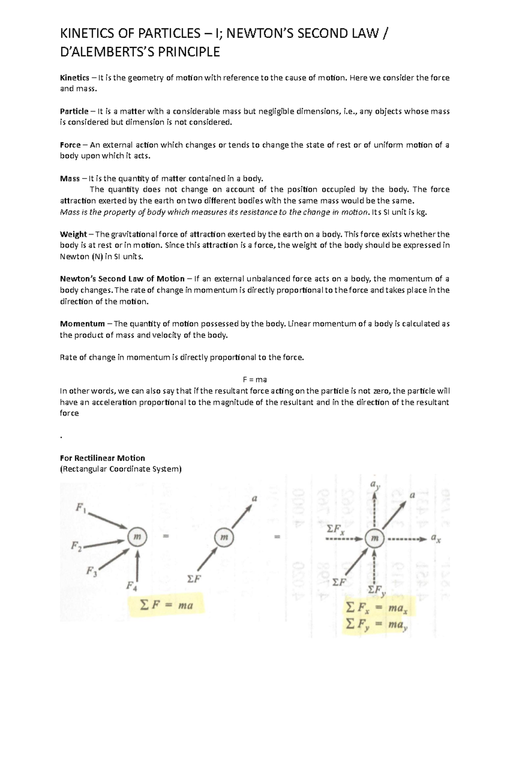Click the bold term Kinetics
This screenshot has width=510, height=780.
[x=74, y=78]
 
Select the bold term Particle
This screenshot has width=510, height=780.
[x=74, y=111]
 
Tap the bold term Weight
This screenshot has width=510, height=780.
[x=73, y=234]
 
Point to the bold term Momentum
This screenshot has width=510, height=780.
[x=82, y=324]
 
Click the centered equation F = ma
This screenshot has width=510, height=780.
[x=255, y=380]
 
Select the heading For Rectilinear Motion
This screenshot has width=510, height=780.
[x=102, y=458]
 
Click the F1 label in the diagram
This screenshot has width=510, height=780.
[x=81, y=508]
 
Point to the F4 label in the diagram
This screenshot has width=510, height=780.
[x=132, y=587]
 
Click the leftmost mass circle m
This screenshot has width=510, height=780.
[x=137, y=537]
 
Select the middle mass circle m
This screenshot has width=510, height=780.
[x=224, y=537]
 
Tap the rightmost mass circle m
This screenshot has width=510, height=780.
[x=374, y=539]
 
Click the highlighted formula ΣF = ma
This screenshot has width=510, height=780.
[x=167, y=605]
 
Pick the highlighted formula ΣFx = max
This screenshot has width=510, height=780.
[x=377, y=609]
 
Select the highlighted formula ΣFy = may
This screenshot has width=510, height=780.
[x=377, y=624]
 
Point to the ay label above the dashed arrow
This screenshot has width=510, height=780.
[x=375, y=485]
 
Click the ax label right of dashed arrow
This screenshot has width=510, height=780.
[x=436, y=539]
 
